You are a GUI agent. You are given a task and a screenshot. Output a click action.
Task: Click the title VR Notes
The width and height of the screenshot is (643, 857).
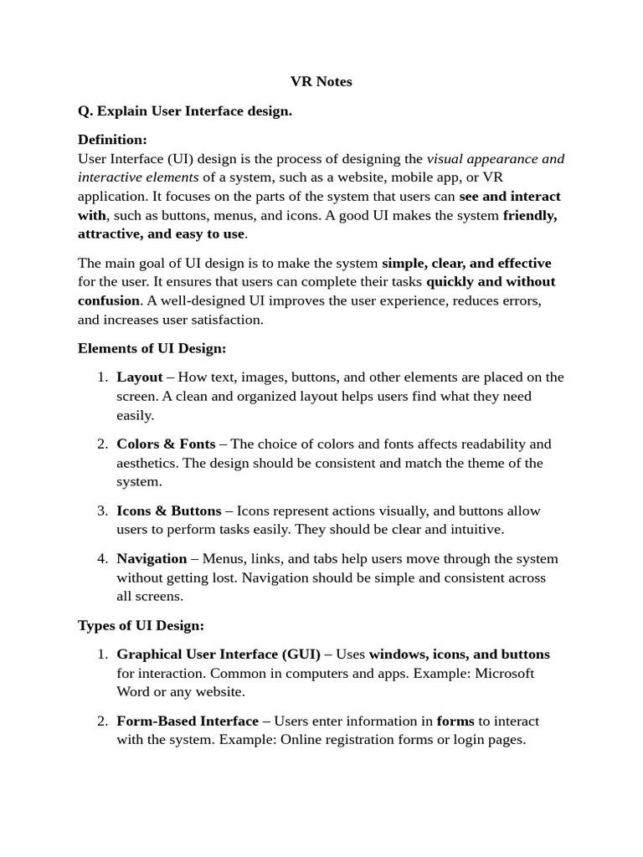321,81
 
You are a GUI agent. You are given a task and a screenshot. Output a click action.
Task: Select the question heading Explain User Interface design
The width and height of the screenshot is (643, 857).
185,110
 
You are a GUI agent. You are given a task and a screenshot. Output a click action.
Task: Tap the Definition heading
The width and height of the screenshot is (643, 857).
112,139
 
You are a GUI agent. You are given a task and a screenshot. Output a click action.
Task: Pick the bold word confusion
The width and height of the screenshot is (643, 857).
109,300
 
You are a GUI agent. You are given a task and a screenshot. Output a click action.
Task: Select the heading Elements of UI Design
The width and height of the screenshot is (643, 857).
152,348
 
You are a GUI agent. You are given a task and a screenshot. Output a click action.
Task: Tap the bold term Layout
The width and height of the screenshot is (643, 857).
140,377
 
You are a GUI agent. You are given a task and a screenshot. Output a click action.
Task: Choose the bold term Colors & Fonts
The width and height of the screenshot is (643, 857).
166,444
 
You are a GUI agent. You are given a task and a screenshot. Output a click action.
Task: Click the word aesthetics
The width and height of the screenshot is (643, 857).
147,463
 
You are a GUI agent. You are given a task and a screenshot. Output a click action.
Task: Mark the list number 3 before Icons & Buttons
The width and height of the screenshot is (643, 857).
102,511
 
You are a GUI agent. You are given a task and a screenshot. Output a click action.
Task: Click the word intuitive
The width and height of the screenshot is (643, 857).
475,529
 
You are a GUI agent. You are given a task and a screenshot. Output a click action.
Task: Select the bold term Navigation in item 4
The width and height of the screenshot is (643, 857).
152,558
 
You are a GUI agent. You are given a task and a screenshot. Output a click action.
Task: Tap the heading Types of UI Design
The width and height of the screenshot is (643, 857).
141,625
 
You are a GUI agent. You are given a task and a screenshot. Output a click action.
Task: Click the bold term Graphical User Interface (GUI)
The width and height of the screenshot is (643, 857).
219,654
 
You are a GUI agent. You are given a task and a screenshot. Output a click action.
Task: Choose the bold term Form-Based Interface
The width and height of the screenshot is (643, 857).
188,721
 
